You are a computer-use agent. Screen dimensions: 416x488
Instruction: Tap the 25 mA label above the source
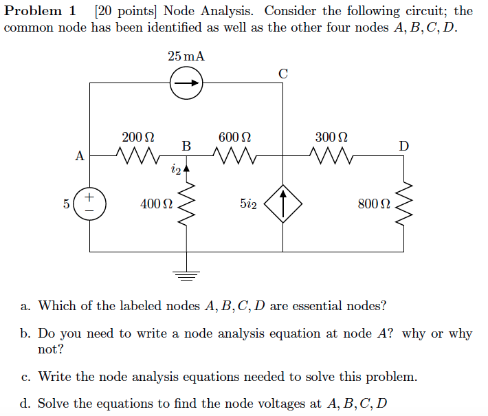186,56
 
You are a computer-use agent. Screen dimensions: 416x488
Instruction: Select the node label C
283,72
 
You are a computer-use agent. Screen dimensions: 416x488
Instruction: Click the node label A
80,156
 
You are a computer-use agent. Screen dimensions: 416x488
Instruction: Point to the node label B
186,146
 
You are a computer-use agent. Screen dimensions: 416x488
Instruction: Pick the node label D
403,146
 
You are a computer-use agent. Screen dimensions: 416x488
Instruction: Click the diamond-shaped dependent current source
283,204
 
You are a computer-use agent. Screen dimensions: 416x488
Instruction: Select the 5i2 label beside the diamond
249,204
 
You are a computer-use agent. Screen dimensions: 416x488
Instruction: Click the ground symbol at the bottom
186,275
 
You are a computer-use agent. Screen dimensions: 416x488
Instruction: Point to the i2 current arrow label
175,169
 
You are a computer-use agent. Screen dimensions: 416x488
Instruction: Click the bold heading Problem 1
41,11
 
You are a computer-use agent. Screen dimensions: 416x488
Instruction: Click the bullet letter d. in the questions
25,403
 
